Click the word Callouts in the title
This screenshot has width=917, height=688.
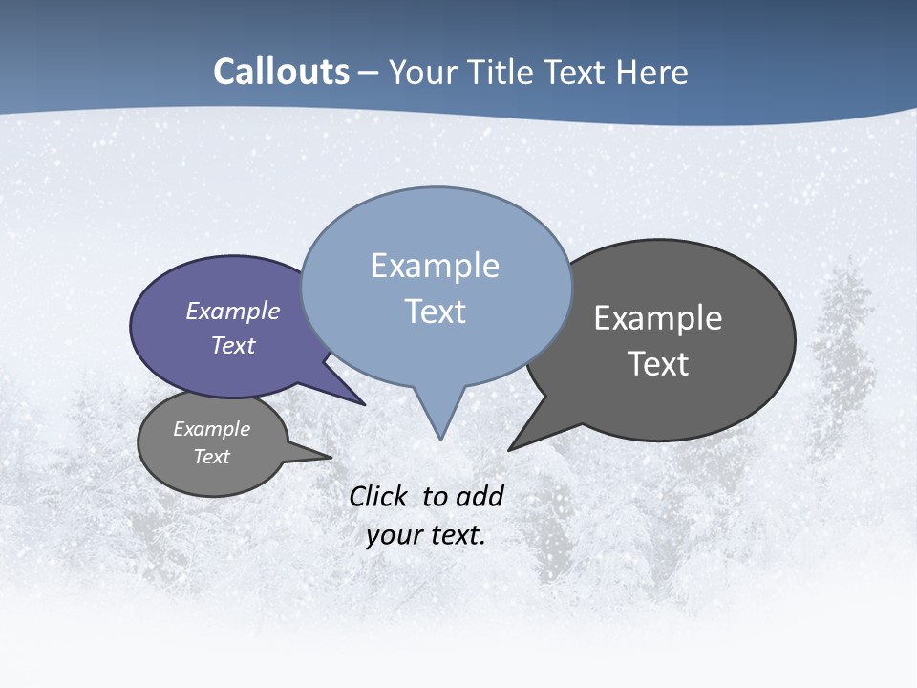(282, 72)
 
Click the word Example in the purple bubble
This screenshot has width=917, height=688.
(233, 312)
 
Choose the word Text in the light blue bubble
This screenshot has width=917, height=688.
(435, 312)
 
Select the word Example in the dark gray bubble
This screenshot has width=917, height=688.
(658, 318)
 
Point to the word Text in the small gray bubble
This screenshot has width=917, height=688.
(211, 457)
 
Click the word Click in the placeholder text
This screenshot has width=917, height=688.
(378, 496)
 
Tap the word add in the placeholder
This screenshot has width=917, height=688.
(479, 496)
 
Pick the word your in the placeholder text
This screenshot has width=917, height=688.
(394, 535)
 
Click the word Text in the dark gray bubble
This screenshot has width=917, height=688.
(658, 364)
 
